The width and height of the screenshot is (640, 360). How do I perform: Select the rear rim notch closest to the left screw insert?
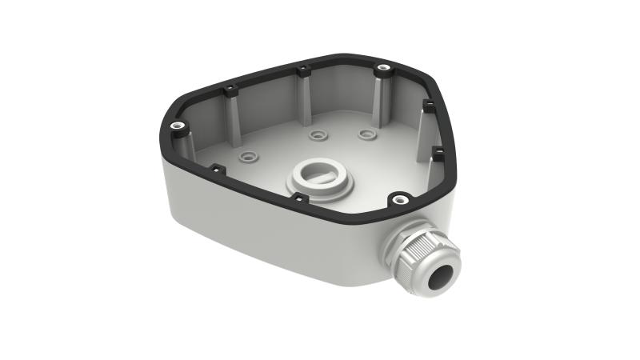click(230, 89)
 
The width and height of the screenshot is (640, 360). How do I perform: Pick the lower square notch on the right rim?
click(437, 149)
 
